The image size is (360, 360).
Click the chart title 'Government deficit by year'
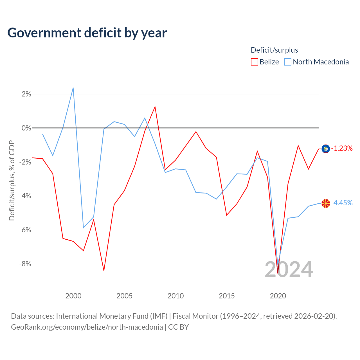[87, 33]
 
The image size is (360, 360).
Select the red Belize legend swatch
[254, 62]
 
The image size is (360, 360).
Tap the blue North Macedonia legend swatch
[287, 62]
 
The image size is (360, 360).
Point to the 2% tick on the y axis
[26, 94]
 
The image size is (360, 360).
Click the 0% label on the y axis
[26, 128]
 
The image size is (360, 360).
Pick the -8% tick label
[25, 264]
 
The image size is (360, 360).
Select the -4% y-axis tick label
[25, 196]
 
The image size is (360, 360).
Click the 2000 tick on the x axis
[73, 296]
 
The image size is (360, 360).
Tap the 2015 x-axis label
[227, 296]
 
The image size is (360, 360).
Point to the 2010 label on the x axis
[175, 296]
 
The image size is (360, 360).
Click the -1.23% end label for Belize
[342, 148]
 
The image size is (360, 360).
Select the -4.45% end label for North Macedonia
[342, 203]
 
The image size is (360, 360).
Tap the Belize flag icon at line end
[326, 149]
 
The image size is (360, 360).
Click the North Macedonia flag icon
[326, 203]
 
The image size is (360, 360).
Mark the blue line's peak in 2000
[73, 88]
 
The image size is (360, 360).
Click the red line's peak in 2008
[155, 107]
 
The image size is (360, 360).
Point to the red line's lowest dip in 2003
[104, 270]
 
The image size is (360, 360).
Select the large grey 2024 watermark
[289, 270]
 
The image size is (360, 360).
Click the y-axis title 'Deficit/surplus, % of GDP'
[12, 181]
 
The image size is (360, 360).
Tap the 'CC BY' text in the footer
[178, 327]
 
